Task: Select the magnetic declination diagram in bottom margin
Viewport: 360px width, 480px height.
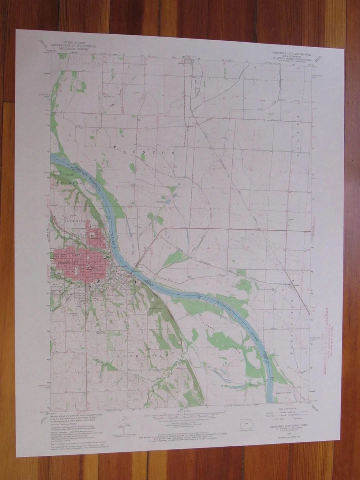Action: pyautogui.click(x=121, y=423)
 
